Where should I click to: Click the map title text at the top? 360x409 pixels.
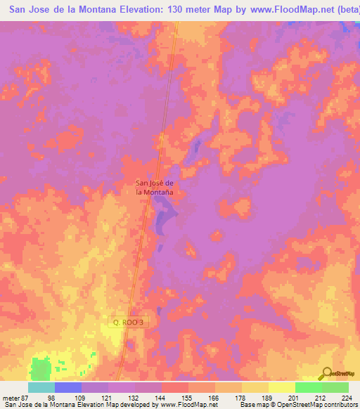click(180, 11)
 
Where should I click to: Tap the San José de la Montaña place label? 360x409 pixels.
click(155, 187)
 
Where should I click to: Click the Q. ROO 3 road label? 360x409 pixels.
click(131, 322)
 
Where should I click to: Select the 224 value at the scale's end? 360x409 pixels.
click(347, 396)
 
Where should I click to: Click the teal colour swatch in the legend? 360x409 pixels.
click(41, 387)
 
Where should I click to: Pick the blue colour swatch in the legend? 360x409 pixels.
click(68, 387)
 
